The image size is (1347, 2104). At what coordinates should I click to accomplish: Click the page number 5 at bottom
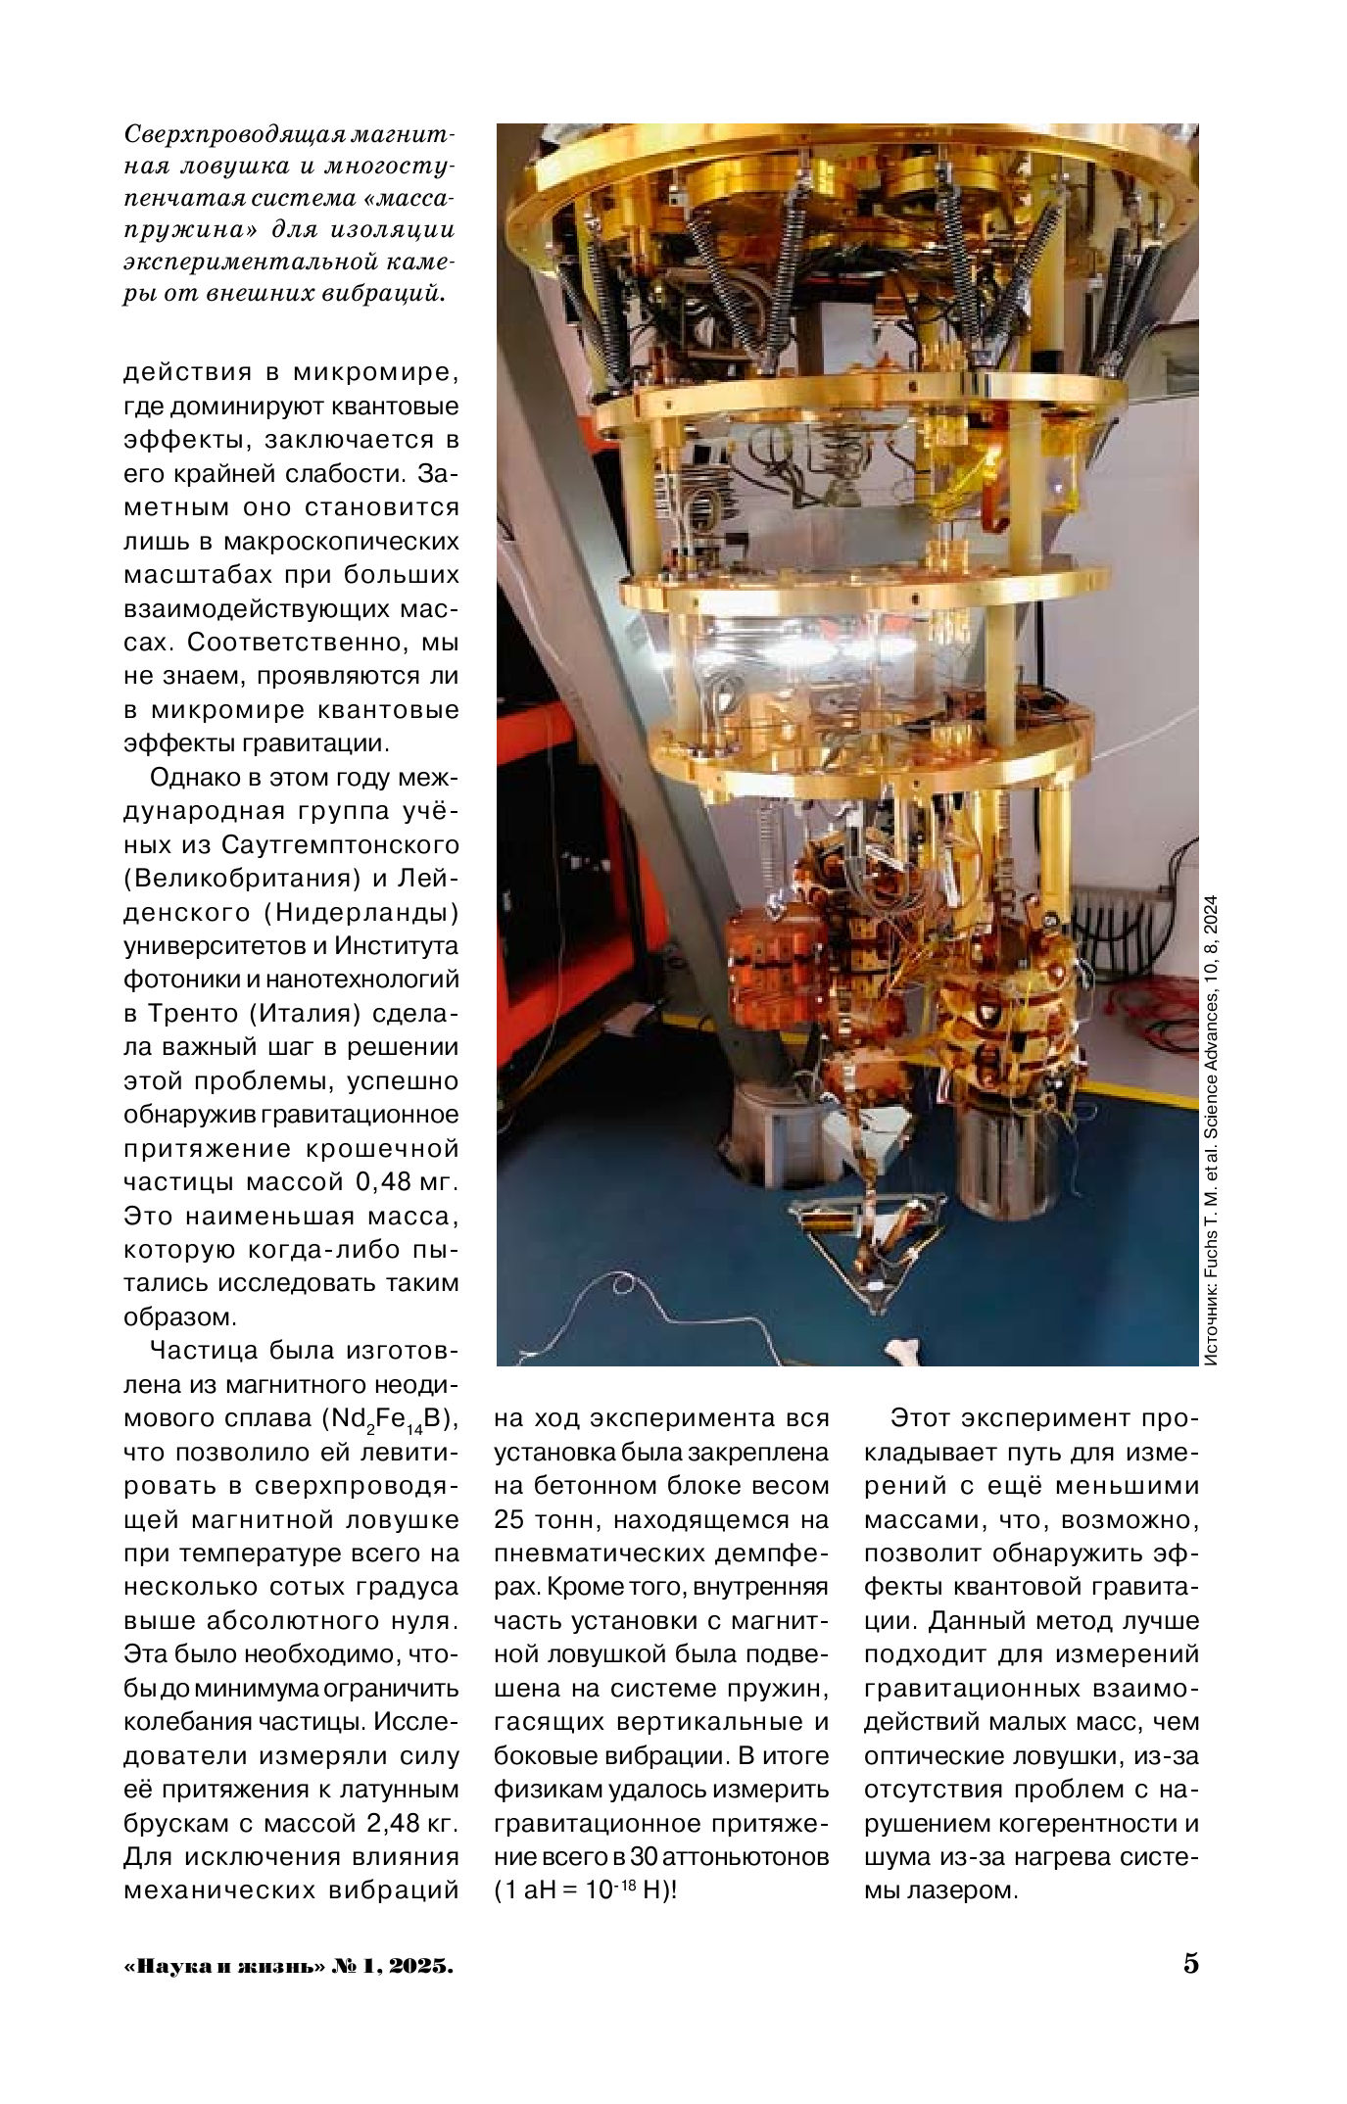coord(1190,1991)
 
